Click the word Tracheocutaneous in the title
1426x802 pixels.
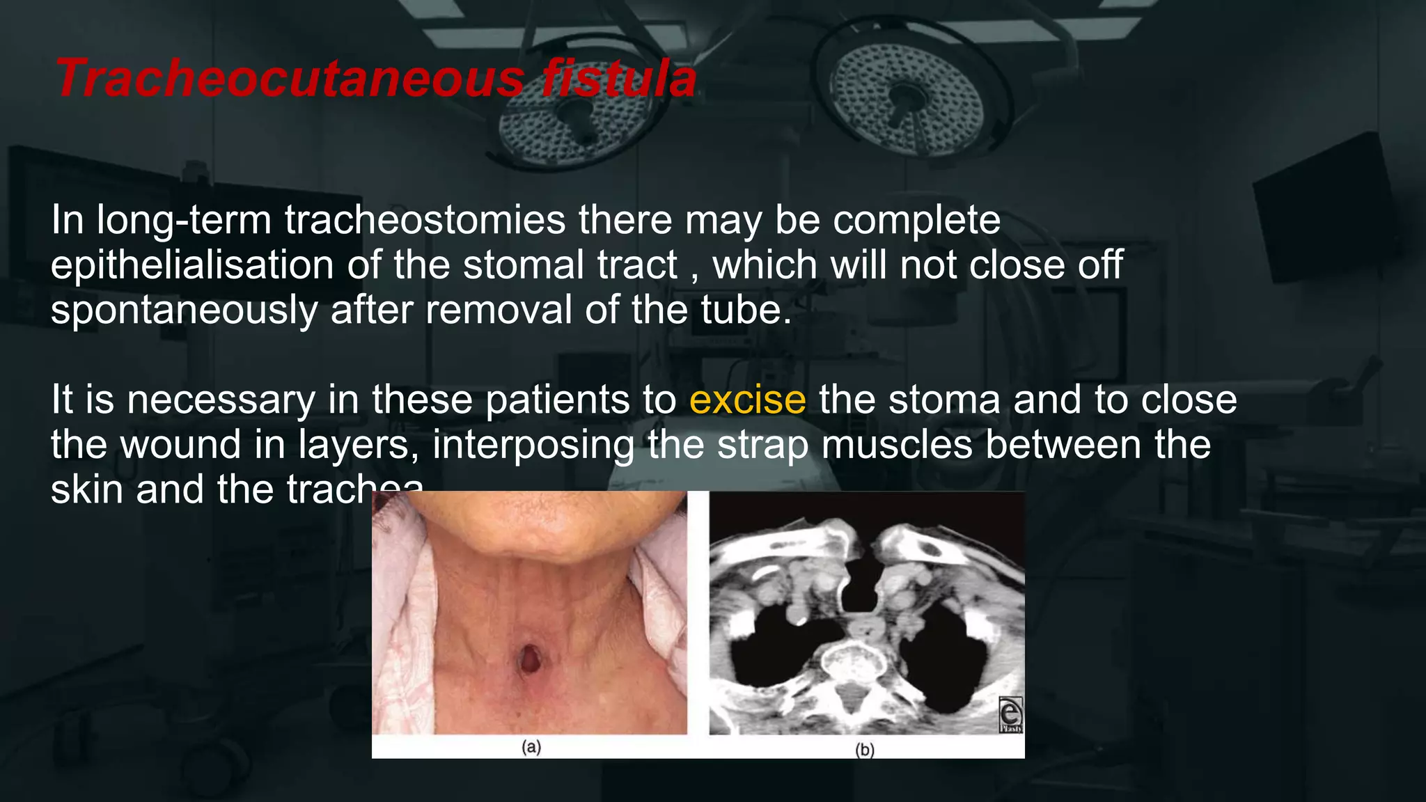pos(289,78)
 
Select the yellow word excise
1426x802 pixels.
pos(747,400)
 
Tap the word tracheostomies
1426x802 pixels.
pos(425,220)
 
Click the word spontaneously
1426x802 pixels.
pos(184,310)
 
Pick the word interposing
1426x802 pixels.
pos(533,445)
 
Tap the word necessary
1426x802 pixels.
pos(221,401)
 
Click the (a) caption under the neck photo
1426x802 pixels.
pos(531,748)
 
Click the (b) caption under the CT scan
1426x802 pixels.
pos(864,750)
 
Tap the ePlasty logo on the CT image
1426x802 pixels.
pos(1010,715)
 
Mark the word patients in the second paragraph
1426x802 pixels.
pos(557,401)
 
